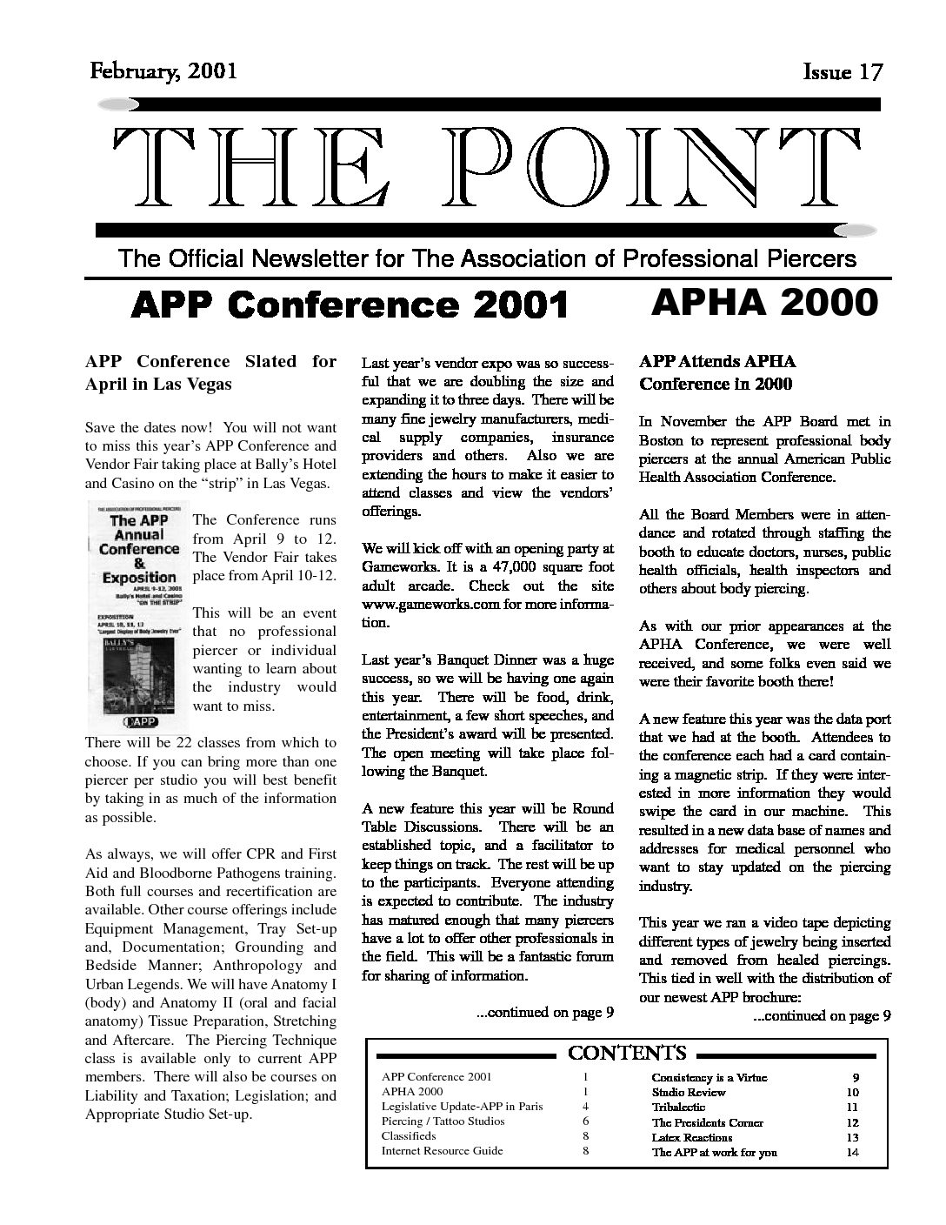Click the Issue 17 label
[843, 72]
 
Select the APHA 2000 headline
[763, 302]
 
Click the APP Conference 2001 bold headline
[349, 305]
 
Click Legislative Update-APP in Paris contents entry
[462, 1106]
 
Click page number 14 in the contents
[851, 1152]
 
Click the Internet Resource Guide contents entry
[442, 1150]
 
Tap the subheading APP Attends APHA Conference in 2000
[718, 372]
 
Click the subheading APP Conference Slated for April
[210, 372]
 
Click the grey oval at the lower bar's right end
[854, 231]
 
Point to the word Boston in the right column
[663, 440]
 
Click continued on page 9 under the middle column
[545, 1012]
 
